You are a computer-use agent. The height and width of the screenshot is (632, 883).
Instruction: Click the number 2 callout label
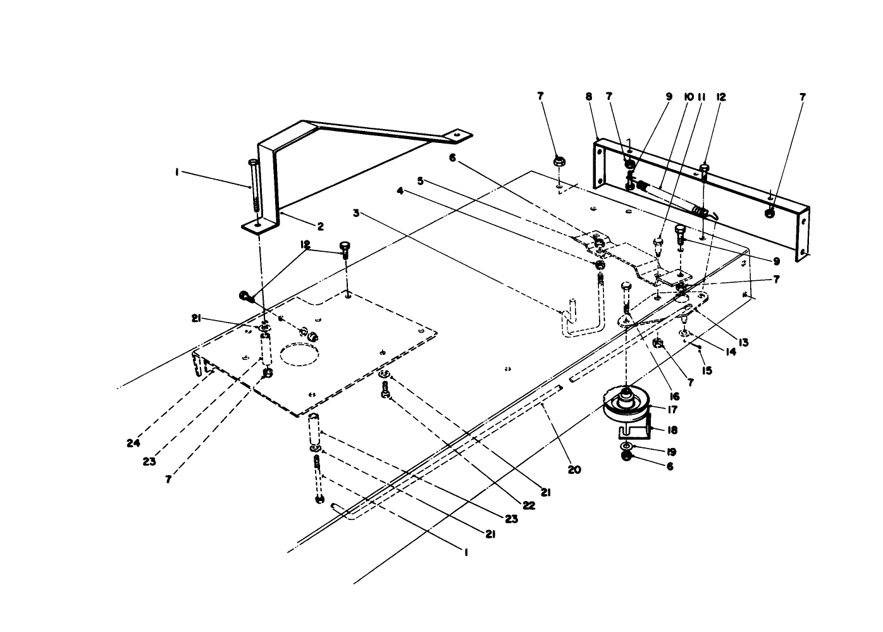[x=321, y=226]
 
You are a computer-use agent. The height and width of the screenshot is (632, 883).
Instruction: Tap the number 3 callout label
[x=356, y=213]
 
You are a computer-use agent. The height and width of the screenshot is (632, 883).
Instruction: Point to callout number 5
[x=420, y=180]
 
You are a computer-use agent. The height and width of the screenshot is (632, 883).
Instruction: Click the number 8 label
[x=589, y=97]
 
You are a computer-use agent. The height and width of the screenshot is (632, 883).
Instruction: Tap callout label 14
[x=731, y=352]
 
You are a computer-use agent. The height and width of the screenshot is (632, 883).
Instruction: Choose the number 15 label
[x=707, y=371]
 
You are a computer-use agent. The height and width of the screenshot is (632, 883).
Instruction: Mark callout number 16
[x=674, y=396]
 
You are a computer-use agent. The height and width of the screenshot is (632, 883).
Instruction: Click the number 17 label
[x=673, y=409]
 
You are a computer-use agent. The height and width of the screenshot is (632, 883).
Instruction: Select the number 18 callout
[x=672, y=430]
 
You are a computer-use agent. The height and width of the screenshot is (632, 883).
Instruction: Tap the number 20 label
[x=574, y=469]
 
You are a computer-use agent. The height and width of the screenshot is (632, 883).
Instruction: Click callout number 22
[x=529, y=505]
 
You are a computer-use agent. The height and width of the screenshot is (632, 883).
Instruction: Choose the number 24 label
[x=133, y=443]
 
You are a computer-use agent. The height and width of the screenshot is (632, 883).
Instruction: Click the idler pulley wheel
[x=626, y=406]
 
